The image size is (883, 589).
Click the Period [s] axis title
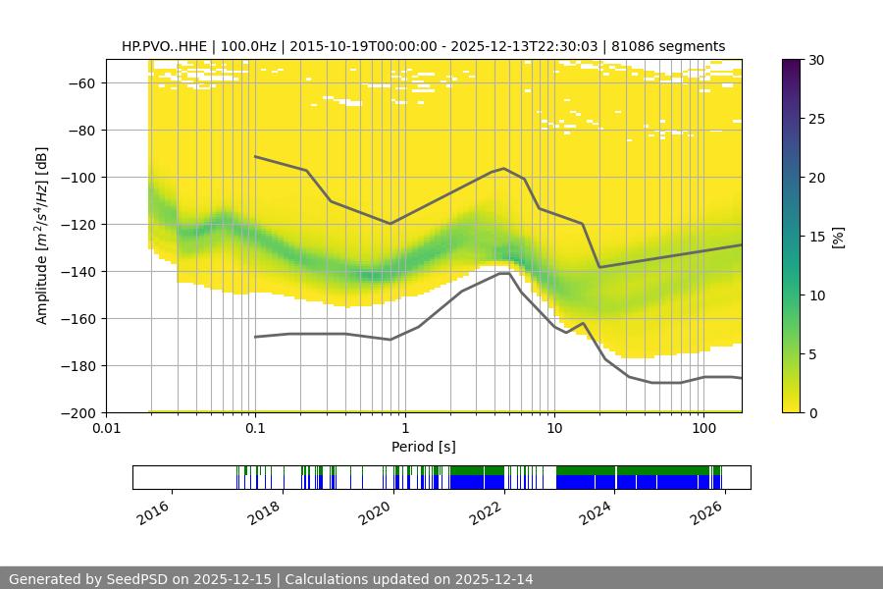[423, 447]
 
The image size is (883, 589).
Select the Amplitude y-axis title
[42, 236]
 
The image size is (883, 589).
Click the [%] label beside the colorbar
[837, 237]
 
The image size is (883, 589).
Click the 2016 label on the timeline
[153, 512]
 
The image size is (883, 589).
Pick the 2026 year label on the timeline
[706, 512]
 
